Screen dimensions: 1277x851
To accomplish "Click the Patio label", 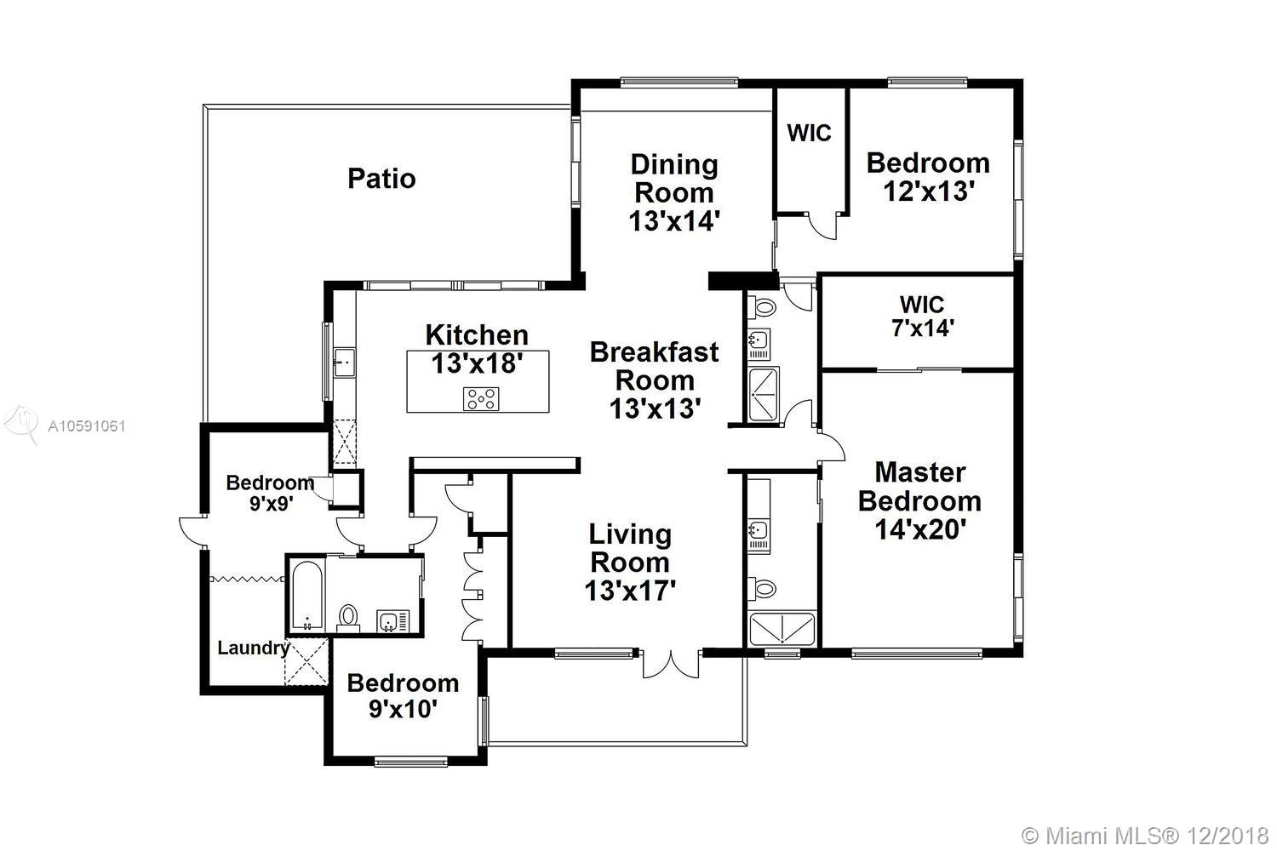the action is [x=381, y=179].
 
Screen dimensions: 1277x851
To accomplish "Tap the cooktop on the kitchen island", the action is [x=481, y=399].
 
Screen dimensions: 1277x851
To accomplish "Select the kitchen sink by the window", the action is [x=344, y=363].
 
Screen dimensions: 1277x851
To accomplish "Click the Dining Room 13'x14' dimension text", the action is [x=674, y=220].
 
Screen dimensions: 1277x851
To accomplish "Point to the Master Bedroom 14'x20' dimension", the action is [x=920, y=529].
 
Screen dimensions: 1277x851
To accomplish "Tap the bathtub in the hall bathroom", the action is [x=306, y=596].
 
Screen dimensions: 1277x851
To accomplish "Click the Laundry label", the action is [x=253, y=648].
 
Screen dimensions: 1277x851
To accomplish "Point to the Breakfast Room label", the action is [x=655, y=366].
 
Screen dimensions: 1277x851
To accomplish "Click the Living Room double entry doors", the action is [x=671, y=664].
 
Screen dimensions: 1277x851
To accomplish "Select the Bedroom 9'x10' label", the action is [x=403, y=696].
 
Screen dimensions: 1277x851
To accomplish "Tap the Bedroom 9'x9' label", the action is [x=270, y=493].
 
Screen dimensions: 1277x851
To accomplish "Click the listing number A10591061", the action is [x=87, y=425].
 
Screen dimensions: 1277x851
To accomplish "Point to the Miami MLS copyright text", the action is [x=1145, y=836].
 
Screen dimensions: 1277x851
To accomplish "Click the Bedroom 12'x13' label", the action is [x=928, y=177].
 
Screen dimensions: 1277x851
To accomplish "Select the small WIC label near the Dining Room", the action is [x=809, y=133].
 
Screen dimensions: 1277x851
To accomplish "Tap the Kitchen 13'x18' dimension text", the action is [x=477, y=363].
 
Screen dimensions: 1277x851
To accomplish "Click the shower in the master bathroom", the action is [x=782, y=629].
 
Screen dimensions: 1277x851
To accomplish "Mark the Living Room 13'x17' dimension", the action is [x=630, y=591].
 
